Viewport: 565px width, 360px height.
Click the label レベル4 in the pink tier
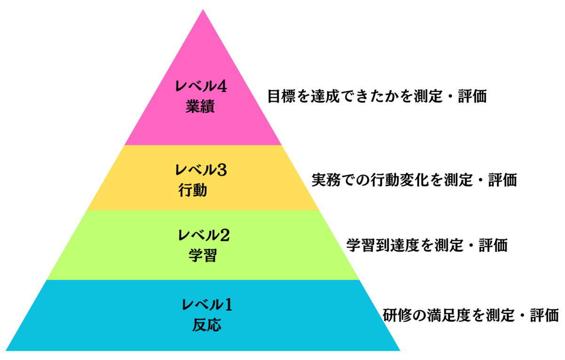point(201,87)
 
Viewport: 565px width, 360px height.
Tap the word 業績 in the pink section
point(200,106)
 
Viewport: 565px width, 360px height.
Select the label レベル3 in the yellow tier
point(201,170)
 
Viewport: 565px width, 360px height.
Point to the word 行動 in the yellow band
point(193,190)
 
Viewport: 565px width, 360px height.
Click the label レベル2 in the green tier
point(204,235)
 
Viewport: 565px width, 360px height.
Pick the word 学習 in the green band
point(203,256)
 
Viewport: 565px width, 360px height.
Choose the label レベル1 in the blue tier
point(207,304)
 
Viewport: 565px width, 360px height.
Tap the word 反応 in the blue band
point(207,325)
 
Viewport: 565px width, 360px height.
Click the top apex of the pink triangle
point(203,9)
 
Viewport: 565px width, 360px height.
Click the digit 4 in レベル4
point(222,87)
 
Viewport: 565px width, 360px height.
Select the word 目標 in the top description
point(282,96)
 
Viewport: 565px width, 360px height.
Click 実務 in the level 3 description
point(326,180)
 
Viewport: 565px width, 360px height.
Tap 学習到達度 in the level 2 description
point(382,245)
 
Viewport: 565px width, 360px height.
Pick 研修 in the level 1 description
point(397,315)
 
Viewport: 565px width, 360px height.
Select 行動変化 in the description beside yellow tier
point(400,180)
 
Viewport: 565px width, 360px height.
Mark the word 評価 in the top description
point(472,96)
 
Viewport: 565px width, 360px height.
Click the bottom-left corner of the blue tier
point(6,351)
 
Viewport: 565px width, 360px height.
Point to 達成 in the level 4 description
point(325,96)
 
